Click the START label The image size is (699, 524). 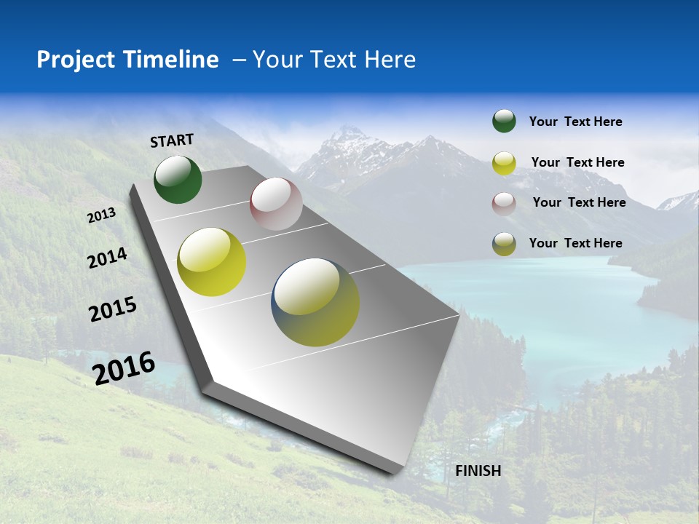tap(172, 140)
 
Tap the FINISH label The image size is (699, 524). tap(478, 471)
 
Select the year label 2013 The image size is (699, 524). tap(102, 215)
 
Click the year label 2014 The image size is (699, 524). tap(107, 258)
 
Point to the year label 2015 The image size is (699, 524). tap(113, 309)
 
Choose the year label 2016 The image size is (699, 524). tap(124, 368)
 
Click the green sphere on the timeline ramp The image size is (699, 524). tap(178, 179)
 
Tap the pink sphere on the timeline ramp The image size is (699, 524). tap(276, 204)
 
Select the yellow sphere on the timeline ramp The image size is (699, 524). tap(211, 262)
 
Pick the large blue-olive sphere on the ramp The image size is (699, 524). tap(315, 302)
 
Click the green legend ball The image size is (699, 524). tap(504, 121)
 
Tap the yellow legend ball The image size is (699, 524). tap(504, 162)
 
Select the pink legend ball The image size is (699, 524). tap(504, 203)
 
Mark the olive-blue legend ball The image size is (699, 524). tap(504, 244)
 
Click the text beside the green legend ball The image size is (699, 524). tap(575, 122)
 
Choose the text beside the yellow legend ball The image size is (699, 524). tap(577, 162)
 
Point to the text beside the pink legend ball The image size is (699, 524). tap(579, 202)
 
